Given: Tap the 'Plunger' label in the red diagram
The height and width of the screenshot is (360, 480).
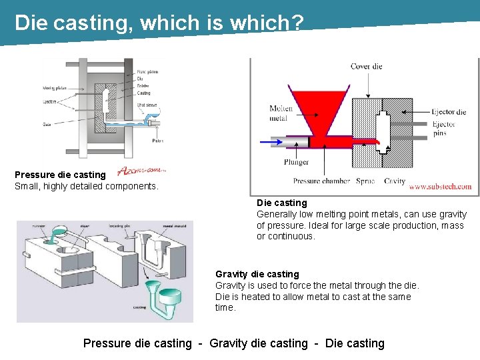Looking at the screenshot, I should tap(296, 161).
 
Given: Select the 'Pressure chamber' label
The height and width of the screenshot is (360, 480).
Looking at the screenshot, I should tap(317, 181).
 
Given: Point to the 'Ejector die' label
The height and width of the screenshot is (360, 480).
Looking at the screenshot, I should tap(449, 112).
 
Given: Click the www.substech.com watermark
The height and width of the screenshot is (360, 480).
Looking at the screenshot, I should tap(440, 187).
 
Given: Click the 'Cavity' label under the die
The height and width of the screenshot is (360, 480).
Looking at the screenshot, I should tap(395, 181).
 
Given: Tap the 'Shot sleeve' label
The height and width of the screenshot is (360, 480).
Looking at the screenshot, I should tap(148, 104).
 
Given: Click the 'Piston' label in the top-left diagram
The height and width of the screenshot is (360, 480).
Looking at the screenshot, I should tap(157, 140).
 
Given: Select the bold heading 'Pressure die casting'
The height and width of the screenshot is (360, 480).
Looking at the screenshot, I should tap(60, 175).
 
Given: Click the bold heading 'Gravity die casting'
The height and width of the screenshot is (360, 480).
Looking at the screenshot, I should tap(257, 274).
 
